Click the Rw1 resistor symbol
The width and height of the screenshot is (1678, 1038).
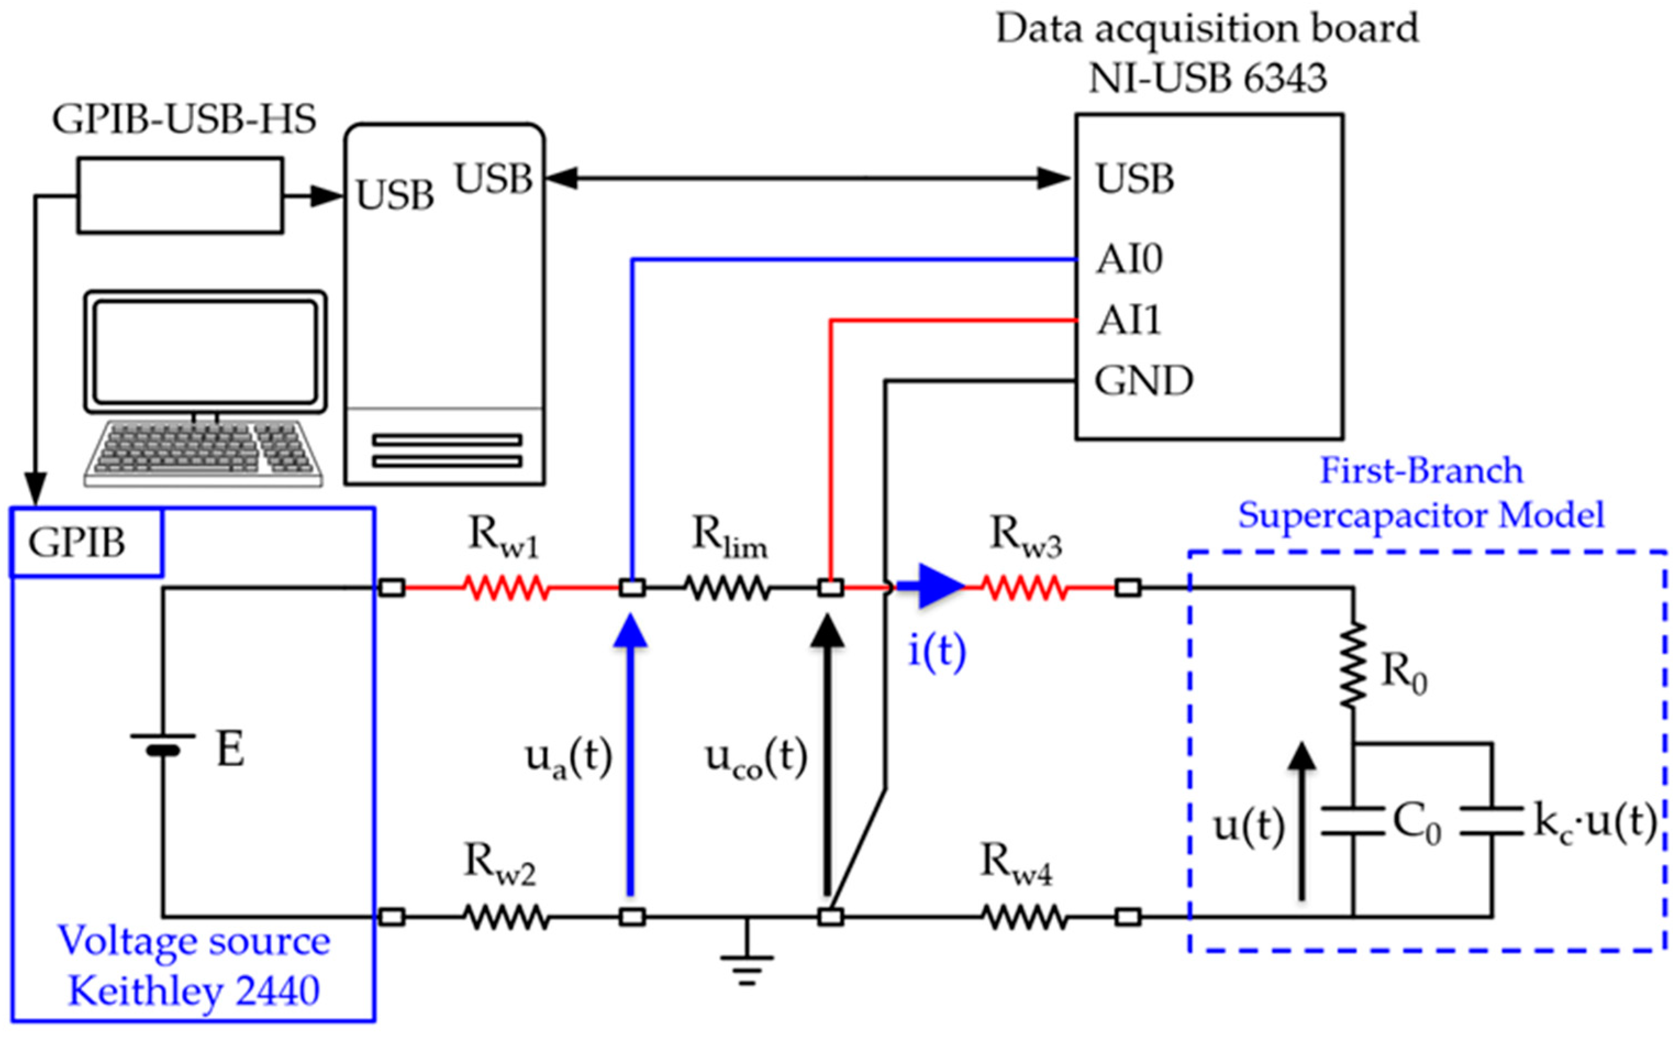coord(506,588)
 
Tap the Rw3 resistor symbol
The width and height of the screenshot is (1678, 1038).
coord(1025,588)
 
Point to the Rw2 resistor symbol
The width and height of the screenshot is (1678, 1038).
coord(506,917)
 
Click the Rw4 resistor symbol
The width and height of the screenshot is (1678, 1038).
coord(1025,917)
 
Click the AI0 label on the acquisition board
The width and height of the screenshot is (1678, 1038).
coord(1129,259)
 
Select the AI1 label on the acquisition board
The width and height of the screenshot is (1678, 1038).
coord(1129,320)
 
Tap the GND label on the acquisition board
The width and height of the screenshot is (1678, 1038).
coord(1143,380)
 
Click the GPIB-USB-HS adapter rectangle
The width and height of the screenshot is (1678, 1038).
coord(180,196)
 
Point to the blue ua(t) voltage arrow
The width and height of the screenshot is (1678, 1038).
coord(631,755)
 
